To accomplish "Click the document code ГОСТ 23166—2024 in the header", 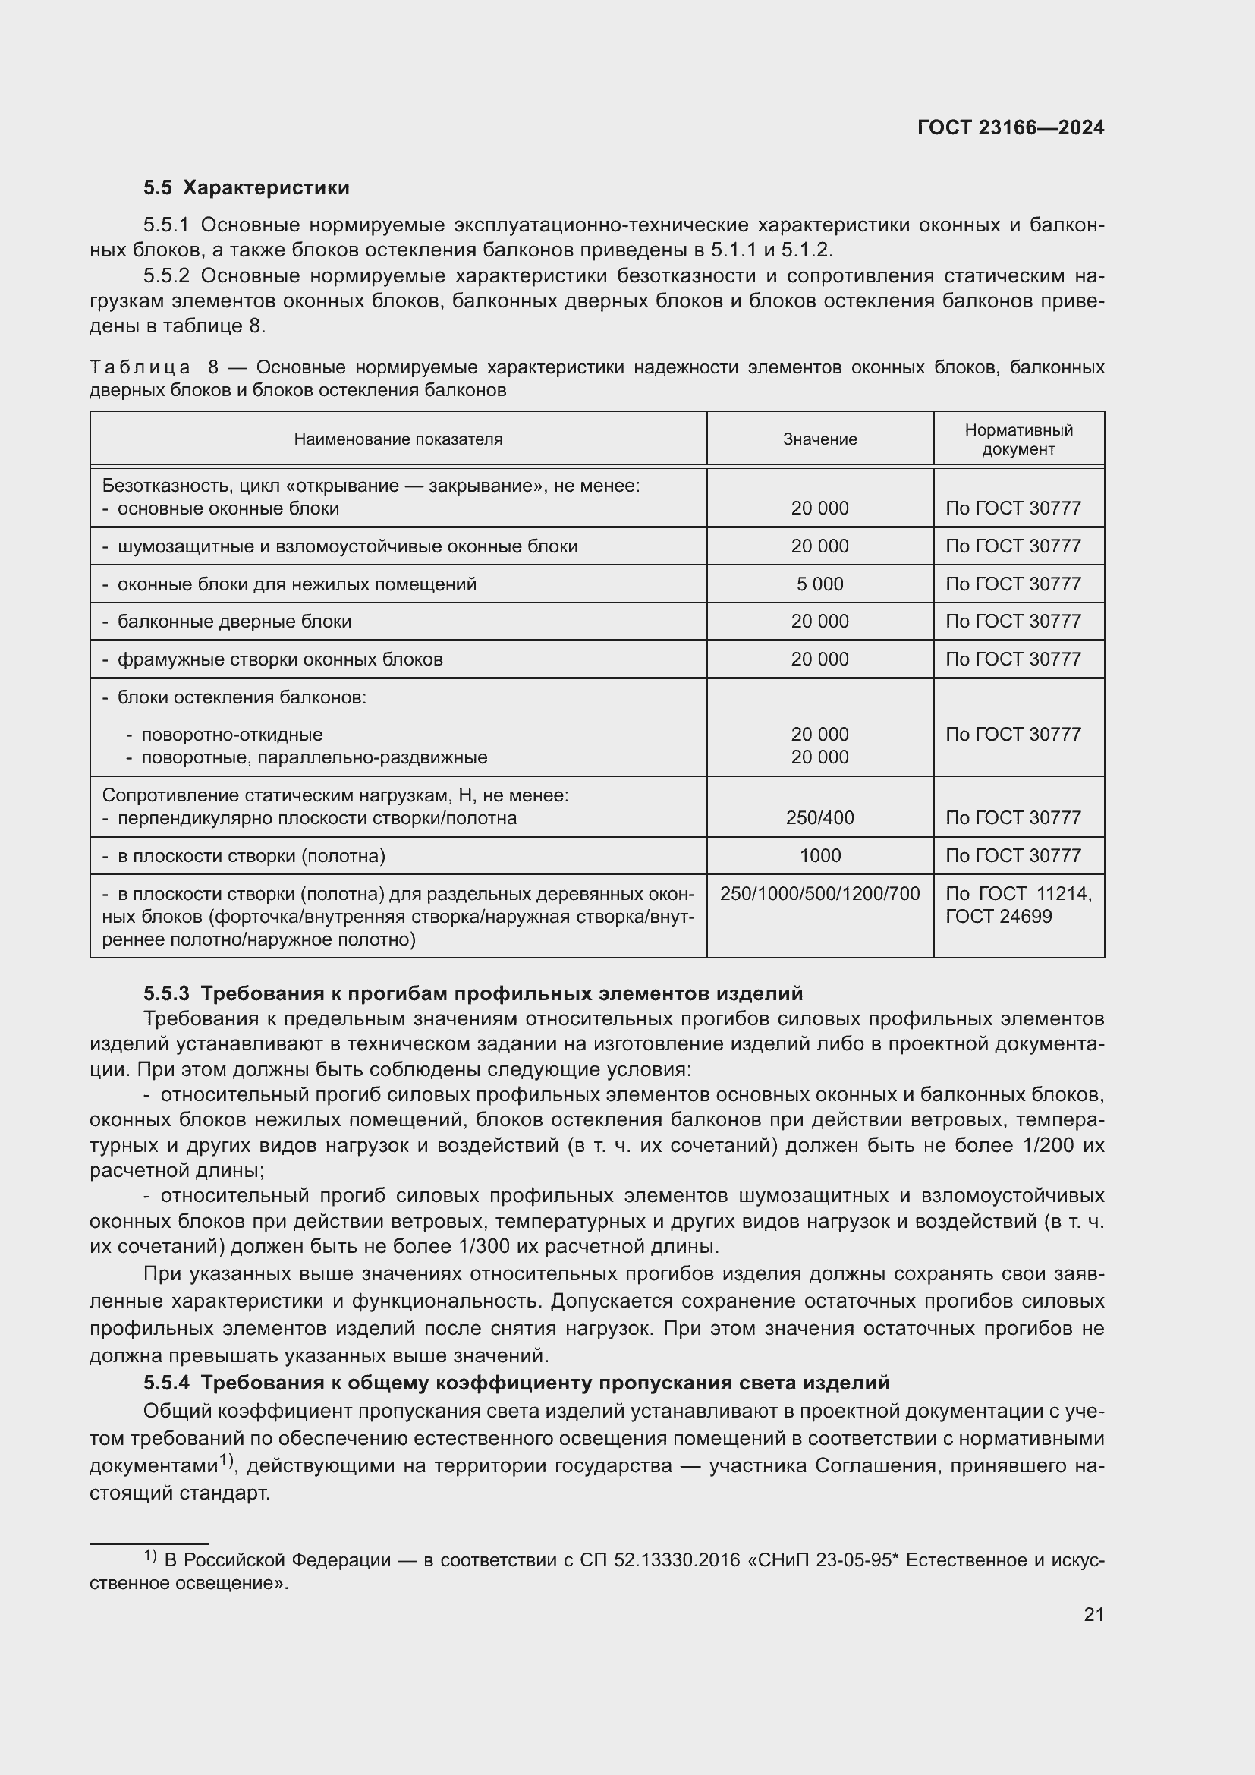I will click(x=1010, y=127).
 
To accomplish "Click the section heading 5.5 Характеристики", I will click(x=246, y=187).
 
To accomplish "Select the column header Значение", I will click(x=819, y=439).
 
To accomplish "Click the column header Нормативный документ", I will click(x=1018, y=439).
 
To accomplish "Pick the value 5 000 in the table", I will click(x=819, y=584).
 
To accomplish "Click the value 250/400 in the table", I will click(x=819, y=817).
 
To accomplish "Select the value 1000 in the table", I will click(x=819, y=855).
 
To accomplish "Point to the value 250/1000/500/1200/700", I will click(x=819, y=894).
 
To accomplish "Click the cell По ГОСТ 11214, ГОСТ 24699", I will click(x=1018, y=905).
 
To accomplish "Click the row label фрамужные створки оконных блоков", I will click(x=280, y=659).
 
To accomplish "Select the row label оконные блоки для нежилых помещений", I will click(x=296, y=584).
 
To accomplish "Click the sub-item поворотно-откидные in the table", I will click(x=231, y=735).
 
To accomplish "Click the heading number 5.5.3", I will click(x=166, y=993).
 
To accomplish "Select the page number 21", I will click(x=1093, y=1614).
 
